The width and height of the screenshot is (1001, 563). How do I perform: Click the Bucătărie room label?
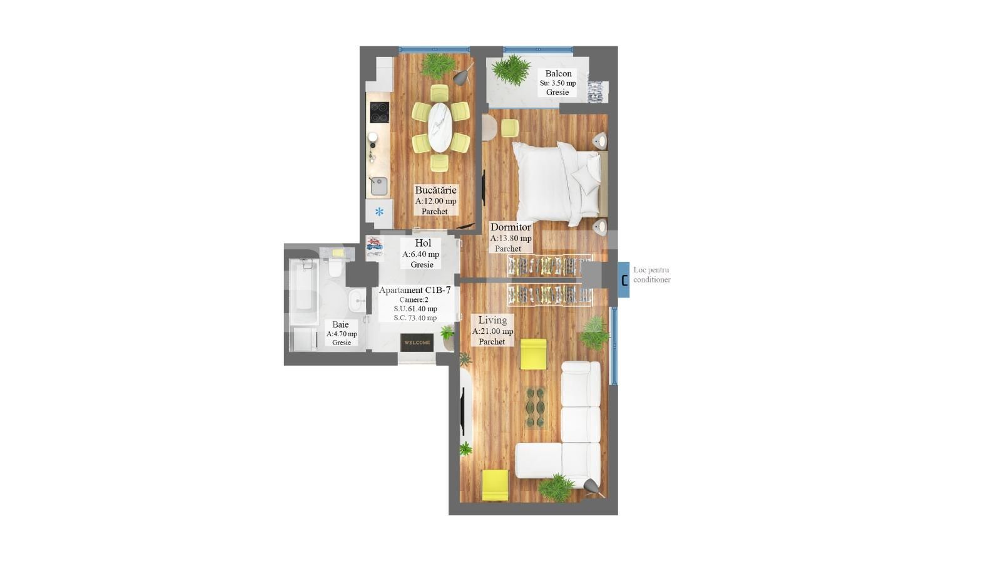pyautogui.click(x=435, y=190)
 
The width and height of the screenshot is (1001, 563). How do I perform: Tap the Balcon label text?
pyautogui.click(x=558, y=73)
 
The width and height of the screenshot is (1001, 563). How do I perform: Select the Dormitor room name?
pyautogui.click(x=511, y=227)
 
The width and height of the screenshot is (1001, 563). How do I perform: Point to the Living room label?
pyautogui.click(x=492, y=320)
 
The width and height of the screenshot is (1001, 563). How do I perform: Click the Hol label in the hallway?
pyautogui.click(x=423, y=243)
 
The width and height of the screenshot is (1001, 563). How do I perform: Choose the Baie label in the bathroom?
pyautogui.click(x=340, y=324)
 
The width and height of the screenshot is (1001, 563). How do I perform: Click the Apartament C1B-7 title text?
pyautogui.click(x=414, y=290)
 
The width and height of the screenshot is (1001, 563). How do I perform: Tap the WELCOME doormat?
pyautogui.click(x=417, y=343)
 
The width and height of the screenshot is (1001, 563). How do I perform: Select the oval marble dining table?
pyautogui.click(x=440, y=127)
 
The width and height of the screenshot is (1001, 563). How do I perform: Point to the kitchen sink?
pyautogui.click(x=379, y=185)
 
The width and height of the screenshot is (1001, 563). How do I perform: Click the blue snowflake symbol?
pyautogui.click(x=379, y=212)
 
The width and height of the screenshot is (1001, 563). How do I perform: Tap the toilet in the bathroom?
pyautogui.click(x=335, y=267)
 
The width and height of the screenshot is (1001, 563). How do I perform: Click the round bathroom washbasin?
pyautogui.click(x=357, y=301)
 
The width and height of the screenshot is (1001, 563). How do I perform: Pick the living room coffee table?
pyautogui.click(x=536, y=408)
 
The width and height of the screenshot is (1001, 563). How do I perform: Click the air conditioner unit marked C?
pyautogui.click(x=624, y=279)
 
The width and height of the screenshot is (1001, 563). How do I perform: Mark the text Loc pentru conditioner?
pyautogui.click(x=651, y=274)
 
